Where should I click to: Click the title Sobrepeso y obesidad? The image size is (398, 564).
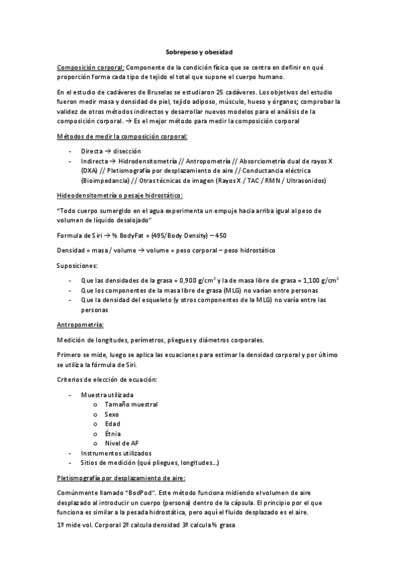(x=199, y=51)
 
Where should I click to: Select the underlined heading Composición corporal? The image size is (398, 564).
(x=90, y=67)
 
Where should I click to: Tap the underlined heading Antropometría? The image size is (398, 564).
(x=80, y=325)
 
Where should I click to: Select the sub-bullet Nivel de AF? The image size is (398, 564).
(x=122, y=443)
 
